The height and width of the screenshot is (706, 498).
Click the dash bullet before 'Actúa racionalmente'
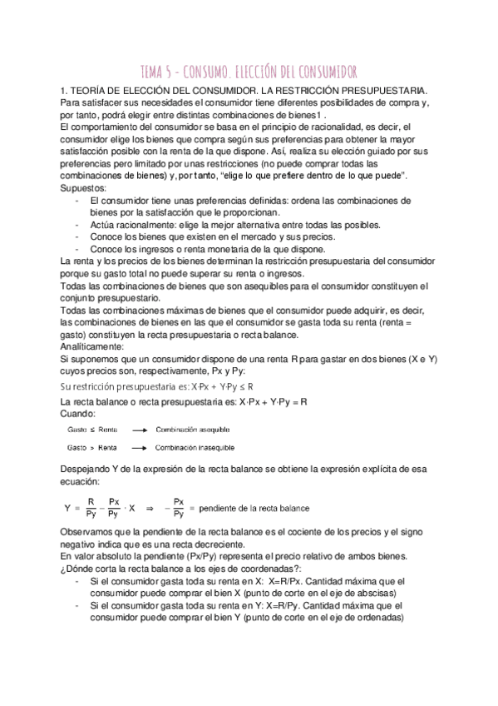[77, 226]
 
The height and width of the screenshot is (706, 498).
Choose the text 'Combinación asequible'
[193, 430]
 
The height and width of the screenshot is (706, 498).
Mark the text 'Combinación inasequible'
[196, 447]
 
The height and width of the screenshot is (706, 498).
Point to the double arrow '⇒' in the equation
[150, 508]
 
